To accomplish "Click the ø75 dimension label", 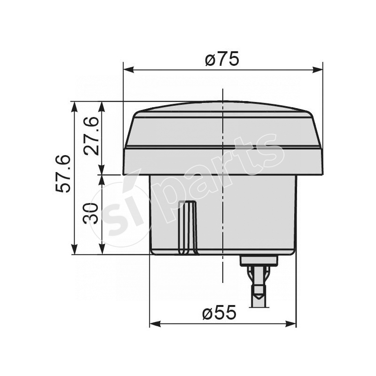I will (222, 59).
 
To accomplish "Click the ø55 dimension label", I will (219, 313).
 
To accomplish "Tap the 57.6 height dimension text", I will (63, 173).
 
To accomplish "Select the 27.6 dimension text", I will (92, 136).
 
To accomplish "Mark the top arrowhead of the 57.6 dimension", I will (74, 106).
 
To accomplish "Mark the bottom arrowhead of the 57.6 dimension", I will (74, 250).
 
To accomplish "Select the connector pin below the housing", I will (258, 287).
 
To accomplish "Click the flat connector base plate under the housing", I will (258, 260).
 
